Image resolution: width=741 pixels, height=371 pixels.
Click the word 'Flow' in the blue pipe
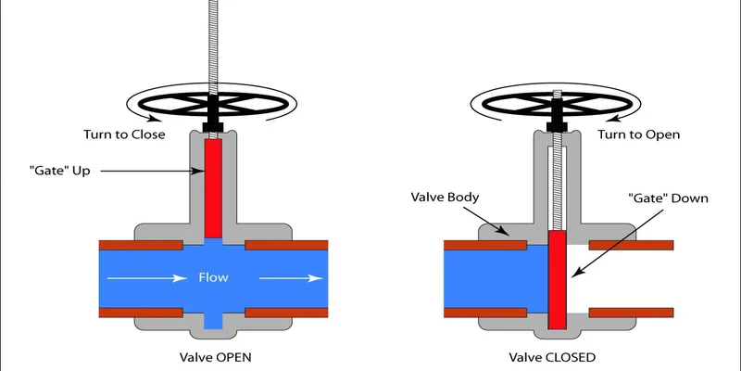[213, 277]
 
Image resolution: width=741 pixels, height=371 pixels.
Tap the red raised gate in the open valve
[213, 185]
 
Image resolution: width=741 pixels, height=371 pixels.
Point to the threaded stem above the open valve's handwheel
[213, 37]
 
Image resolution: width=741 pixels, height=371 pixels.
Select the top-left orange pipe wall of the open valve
[138, 246]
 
